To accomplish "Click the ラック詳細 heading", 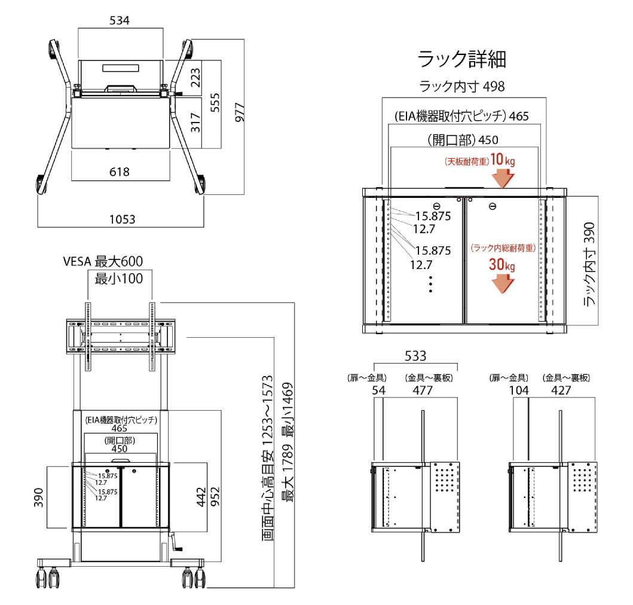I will (x=462, y=59).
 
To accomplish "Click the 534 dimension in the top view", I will (x=120, y=20).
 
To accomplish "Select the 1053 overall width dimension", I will (x=122, y=219).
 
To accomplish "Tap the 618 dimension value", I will (x=120, y=172).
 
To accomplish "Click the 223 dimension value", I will (x=195, y=77).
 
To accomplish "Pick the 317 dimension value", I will (x=195, y=123).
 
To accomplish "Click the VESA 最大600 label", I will (x=103, y=261).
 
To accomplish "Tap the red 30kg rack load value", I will (x=501, y=265).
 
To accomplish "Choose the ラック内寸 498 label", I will (x=462, y=86).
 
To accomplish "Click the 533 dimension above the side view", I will (x=415, y=356).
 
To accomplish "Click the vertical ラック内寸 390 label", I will (x=591, y=264).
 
